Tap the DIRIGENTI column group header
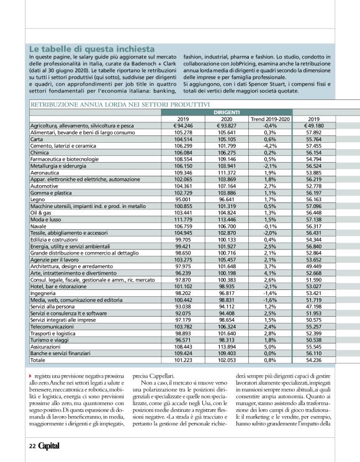(227, 112)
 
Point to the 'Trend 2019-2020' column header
(270, 119)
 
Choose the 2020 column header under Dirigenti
(227, 119)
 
